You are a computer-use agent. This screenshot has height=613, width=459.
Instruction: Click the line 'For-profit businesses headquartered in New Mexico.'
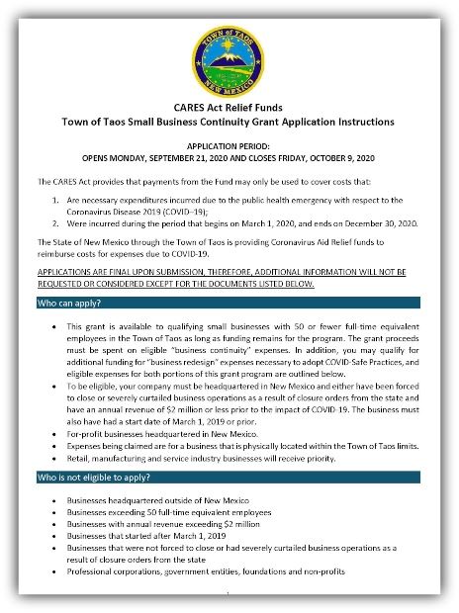click(173, 433)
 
